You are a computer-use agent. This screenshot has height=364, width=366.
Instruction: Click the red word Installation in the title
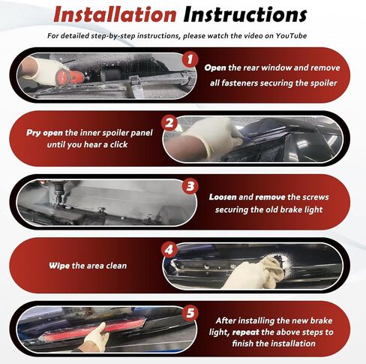115,14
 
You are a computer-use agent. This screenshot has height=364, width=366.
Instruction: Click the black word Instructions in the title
245,14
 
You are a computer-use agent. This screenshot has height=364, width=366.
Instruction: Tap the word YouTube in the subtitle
291,36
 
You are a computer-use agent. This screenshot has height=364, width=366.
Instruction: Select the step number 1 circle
190,59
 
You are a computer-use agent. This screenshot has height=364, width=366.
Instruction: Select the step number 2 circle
169,123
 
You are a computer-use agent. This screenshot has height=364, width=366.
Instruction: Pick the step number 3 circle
190,186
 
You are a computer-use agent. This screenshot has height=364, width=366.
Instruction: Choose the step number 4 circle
169,250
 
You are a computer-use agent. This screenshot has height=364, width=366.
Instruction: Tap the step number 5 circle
190,313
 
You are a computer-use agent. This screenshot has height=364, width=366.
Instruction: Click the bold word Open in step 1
215,68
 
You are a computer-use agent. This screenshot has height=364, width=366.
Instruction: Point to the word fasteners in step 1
239,83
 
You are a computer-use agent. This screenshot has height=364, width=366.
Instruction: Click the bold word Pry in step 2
33,133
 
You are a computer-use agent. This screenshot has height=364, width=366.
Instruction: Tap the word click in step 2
118,145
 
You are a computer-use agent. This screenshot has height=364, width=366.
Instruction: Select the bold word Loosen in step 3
223,197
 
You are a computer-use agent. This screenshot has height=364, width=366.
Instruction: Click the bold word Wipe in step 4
59,266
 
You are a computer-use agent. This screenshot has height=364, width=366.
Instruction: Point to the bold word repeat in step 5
245,332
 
